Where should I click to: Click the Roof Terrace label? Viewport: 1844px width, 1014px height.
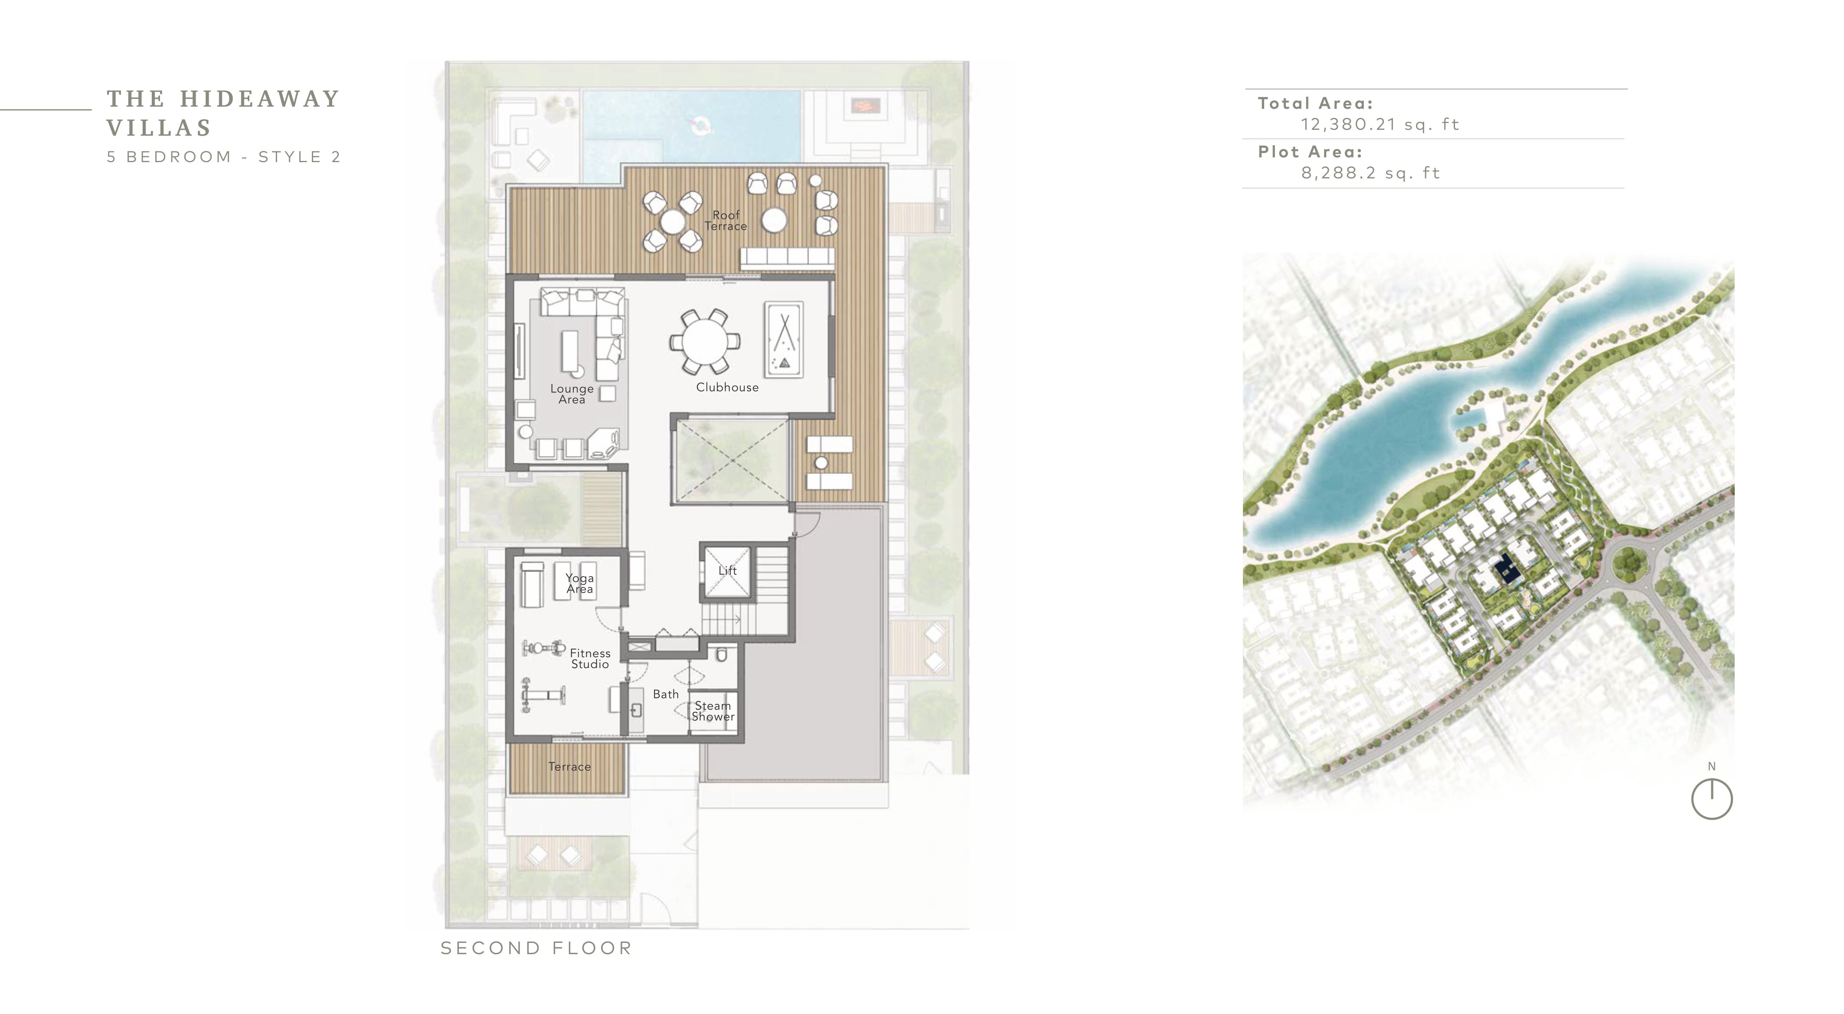click(726, 220)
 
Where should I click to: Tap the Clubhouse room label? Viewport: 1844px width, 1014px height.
click(727, 387)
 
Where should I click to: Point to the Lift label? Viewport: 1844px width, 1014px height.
click(727, 571)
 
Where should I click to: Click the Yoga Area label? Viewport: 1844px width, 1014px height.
click(580, 583)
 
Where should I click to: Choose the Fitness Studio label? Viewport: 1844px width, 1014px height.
click(590, 659)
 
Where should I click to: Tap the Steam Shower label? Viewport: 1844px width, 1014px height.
click(713, 711)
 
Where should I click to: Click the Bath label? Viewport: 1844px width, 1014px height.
click(666, 694)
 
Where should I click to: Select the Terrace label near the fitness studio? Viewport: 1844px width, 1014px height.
click(570, 766)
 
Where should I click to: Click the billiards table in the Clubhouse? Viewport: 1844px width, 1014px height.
click(784, 339)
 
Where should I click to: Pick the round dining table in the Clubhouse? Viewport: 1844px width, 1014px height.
click(704, 341)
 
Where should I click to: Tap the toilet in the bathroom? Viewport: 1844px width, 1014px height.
click(722, 655)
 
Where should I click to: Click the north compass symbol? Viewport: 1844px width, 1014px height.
click(1712, 799)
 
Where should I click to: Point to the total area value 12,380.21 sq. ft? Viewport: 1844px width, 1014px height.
click(1380, 124)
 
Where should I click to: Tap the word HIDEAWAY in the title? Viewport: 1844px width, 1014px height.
click(260, 99)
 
